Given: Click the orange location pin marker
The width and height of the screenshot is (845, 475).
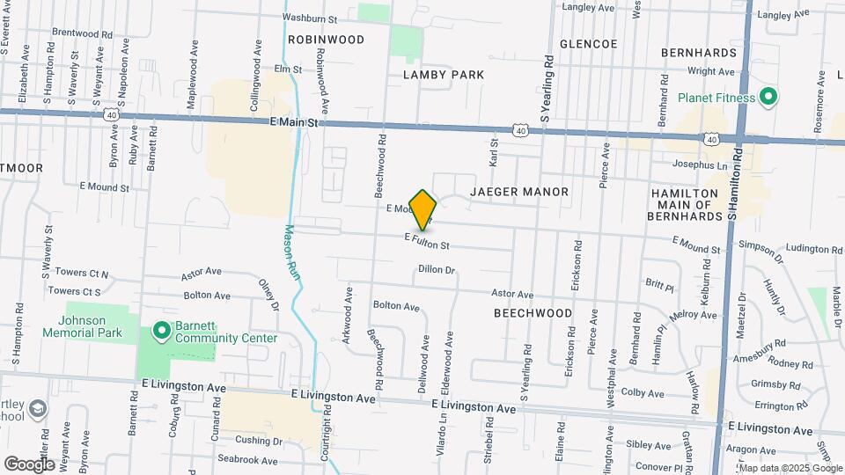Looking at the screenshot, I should click(x=423, y=209).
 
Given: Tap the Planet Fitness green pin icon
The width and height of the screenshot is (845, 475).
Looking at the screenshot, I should click(x=767, y=97).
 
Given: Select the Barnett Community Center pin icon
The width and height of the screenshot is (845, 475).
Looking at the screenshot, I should click(x=161, y=331).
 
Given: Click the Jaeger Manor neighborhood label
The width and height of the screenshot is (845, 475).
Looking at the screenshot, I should click(x=519, y=191).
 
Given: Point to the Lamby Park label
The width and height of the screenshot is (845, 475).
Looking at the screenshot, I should click(x=444, y=75).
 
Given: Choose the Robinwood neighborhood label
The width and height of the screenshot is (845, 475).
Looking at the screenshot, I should click(x=326, y=40).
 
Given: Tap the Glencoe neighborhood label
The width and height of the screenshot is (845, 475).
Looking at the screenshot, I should click(x=588, y=43).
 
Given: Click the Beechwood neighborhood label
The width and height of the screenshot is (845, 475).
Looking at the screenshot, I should click(x=533, y=312).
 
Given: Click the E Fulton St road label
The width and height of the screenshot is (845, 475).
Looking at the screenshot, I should click(x=428, y=240).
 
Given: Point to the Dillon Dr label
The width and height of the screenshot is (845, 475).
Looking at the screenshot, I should click(x=436, y=269).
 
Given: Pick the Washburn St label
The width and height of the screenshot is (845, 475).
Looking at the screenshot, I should click(x=310, y=18).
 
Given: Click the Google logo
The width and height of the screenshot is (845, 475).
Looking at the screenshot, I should click(x=29, y=464).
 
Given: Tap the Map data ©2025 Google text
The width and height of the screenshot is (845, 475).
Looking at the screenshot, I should click(x=790, y=468).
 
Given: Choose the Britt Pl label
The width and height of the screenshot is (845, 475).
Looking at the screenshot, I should click(x=659, y=286).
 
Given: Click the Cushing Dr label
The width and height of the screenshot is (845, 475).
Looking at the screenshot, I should click(x=258, y=441).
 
